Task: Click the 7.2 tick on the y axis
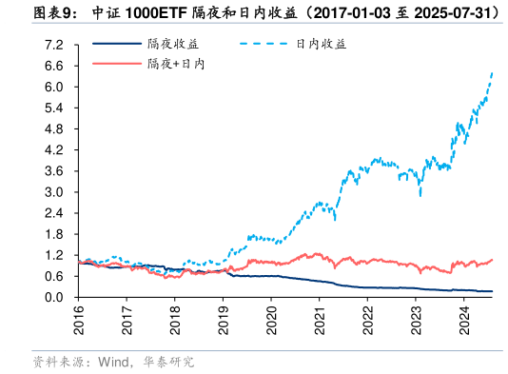(54, 45)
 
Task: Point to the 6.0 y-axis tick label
(54, 87)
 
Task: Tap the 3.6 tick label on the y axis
(54, 171)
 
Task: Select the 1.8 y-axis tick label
(54, 234)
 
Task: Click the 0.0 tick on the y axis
(54, 298)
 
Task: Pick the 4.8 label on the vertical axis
(54, 129)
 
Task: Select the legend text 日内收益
(322, 44)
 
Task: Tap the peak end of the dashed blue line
(492, 72)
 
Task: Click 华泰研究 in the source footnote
(168, 363)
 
